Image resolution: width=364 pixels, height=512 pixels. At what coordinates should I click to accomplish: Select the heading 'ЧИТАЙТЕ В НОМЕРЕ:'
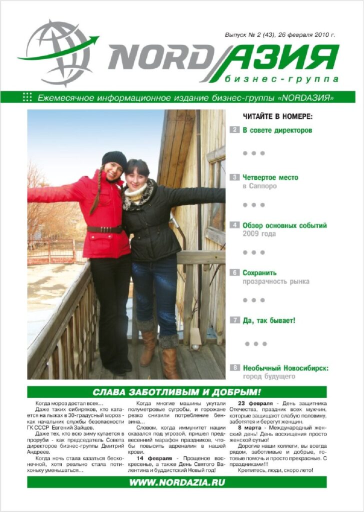coord(277,116)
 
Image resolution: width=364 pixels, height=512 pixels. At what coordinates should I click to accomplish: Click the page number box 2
coord(234,130)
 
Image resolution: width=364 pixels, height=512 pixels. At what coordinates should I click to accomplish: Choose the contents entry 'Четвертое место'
coord(270,177)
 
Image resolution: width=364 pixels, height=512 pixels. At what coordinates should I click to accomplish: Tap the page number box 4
coord(234,225)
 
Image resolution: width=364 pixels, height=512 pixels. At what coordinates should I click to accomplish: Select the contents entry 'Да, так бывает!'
coord(268,320)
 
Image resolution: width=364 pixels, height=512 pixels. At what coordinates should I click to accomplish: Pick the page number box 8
coord(234,367)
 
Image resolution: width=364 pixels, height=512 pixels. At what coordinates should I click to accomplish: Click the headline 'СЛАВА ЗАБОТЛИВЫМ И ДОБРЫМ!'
coord(177,391)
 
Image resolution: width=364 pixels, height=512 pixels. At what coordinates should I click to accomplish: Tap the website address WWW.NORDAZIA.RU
coord(177,482)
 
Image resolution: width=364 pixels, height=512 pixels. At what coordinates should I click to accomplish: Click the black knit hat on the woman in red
coord(114,159)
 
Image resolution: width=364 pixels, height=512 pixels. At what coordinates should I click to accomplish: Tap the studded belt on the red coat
coord(104,229)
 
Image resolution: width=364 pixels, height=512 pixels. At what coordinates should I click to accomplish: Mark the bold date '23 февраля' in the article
coord(255,403)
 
